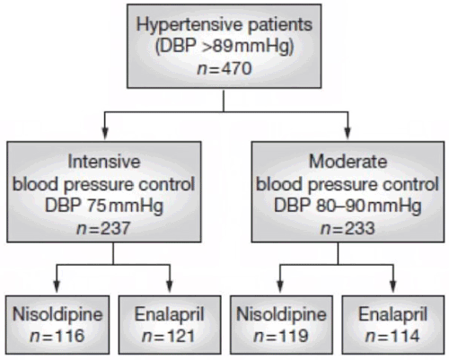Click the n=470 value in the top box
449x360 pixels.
(x=224, y=69)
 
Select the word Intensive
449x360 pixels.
(x=104, y=162)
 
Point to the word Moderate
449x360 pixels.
(x=348, y=162)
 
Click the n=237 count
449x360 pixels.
(x=103, y=228)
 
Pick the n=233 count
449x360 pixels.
(x=348, y=228)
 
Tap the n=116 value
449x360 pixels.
(x=57, y=336)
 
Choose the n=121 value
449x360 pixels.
(x=169, y=336)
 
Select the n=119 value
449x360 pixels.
(x=281, y=336)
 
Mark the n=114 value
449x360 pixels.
(x=392, y=336)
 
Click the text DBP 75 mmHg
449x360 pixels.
(x=104, y=206)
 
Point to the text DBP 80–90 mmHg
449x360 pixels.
(x=348, y=206)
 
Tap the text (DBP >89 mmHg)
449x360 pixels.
(x=224, y=48)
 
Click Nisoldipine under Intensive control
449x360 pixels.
(x=57, y=314)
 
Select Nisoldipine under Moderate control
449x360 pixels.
(x=281, y=314)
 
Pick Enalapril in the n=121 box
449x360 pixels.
(x=169, y=314)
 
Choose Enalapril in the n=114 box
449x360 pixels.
(x=393, y=314)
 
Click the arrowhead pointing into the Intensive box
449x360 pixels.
(x=105, y=133)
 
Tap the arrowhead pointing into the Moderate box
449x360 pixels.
(x=348, y=133)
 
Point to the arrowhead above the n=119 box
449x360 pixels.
(x=280, y=286)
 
